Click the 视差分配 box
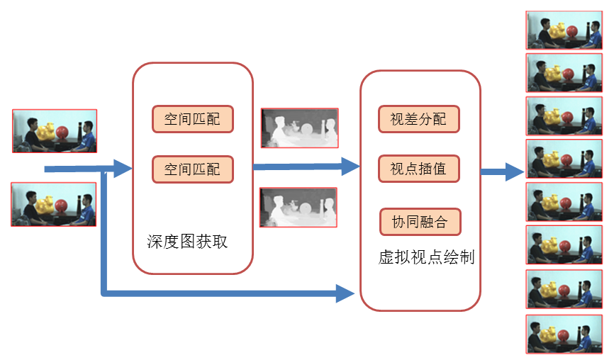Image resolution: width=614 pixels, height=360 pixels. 419,119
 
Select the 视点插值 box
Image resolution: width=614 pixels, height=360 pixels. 419,169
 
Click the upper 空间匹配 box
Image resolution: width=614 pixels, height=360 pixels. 192,119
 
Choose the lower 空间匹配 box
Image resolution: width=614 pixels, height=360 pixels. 192,169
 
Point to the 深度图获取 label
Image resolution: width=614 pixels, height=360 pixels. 187,242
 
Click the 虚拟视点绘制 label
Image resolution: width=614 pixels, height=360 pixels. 426,257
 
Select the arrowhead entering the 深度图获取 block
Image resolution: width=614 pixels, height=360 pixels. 123,169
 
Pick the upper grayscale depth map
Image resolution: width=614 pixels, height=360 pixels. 299,128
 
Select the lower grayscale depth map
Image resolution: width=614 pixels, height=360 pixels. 298,208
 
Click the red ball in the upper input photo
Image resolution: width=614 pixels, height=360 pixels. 63,133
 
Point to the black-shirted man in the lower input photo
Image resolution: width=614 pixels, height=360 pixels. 30,206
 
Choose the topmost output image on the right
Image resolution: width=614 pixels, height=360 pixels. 564,30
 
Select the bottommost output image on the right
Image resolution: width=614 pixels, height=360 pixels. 564,334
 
